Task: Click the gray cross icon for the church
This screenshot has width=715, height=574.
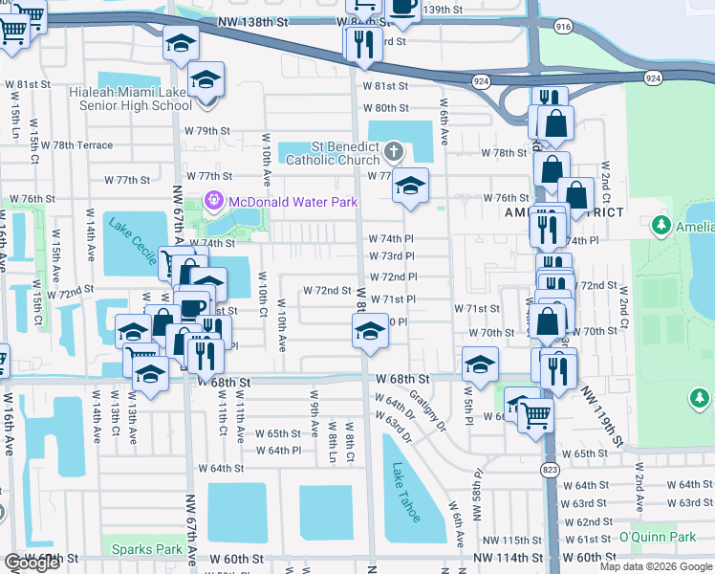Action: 393,151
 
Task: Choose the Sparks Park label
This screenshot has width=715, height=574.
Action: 146,549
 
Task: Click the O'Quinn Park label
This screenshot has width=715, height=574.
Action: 657,537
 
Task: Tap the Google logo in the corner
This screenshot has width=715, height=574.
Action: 32,563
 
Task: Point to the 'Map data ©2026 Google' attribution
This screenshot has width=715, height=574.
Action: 655,566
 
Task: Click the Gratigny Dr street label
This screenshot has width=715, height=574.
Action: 428,409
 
